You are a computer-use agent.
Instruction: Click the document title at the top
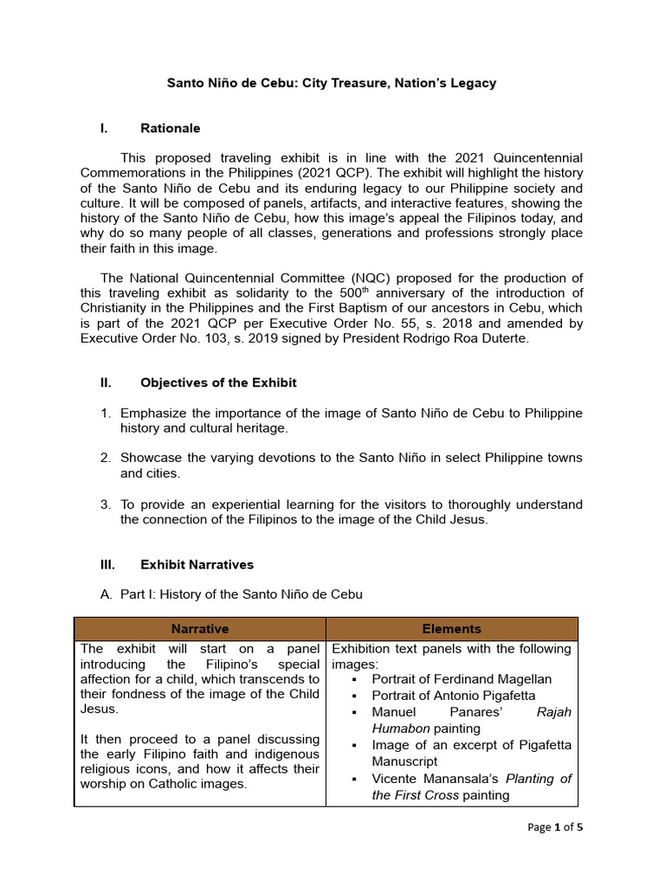(332, 83)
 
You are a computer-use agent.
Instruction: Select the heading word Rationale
(170, 128)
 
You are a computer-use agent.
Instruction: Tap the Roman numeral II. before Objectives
(107, 382)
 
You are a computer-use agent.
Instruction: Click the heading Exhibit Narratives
(197, 564)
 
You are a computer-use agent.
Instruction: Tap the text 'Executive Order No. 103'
(152, 339)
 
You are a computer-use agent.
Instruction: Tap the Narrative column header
(200, 629)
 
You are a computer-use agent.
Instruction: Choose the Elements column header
(451, 629)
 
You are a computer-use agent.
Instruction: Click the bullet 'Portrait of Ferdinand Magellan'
(462, 679)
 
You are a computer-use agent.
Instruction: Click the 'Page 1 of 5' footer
(555, 827)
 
